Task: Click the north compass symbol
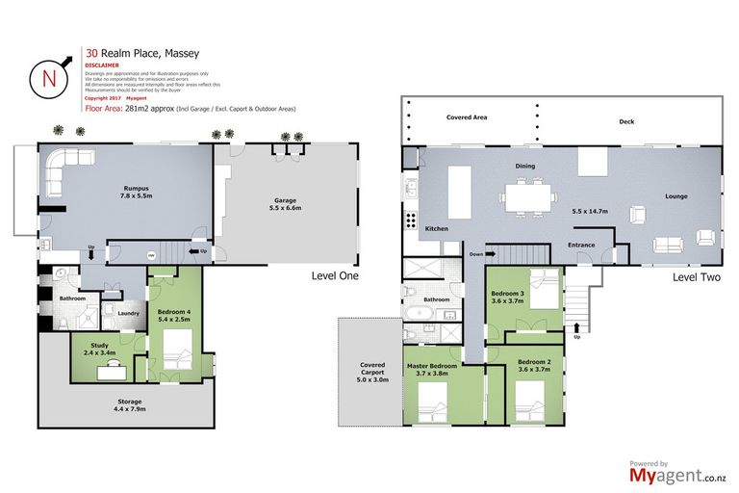46,77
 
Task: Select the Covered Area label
467,117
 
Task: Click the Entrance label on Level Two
581,245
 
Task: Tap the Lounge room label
675,196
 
